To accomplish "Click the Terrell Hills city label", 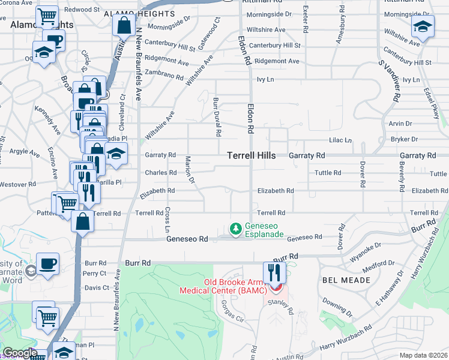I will click(x=252, y=155).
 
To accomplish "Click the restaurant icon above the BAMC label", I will click(x=275, y=273).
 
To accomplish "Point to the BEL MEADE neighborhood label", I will click(x=340, y=281).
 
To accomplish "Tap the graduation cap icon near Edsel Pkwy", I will click(x=423, y=27).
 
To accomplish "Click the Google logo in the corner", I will click(x=20, y=353).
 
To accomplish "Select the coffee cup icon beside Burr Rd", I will click(x=47, y=264).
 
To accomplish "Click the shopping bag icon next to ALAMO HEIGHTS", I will click(x=123, y=26).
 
